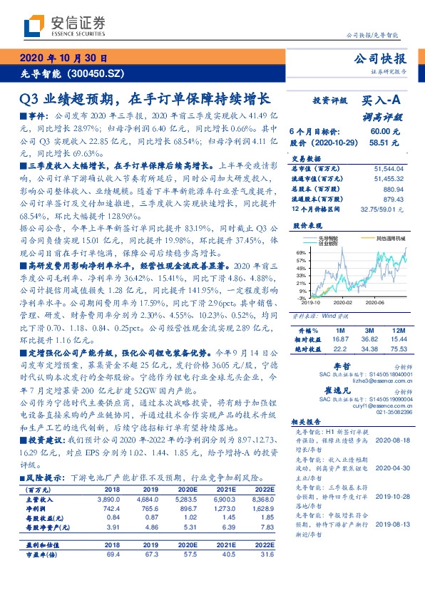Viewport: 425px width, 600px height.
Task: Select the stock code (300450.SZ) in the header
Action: pyautogui.click(x=96, y=73)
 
